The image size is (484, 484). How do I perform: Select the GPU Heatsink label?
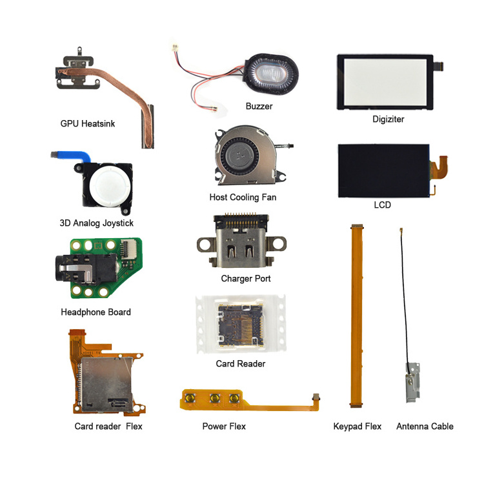(88, 123)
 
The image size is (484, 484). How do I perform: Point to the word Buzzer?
(259, 106)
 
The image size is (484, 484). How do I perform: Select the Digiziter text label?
(388, 119)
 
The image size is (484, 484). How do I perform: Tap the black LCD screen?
(383, 170)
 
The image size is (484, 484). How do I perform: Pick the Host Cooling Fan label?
(243, 197)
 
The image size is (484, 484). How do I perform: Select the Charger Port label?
(246, 279)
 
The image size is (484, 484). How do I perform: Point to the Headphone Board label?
(96, 312)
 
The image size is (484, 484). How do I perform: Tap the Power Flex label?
(224, 426)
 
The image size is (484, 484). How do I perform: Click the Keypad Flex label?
(357, 426)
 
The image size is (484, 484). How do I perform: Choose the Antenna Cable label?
(425, 426)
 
